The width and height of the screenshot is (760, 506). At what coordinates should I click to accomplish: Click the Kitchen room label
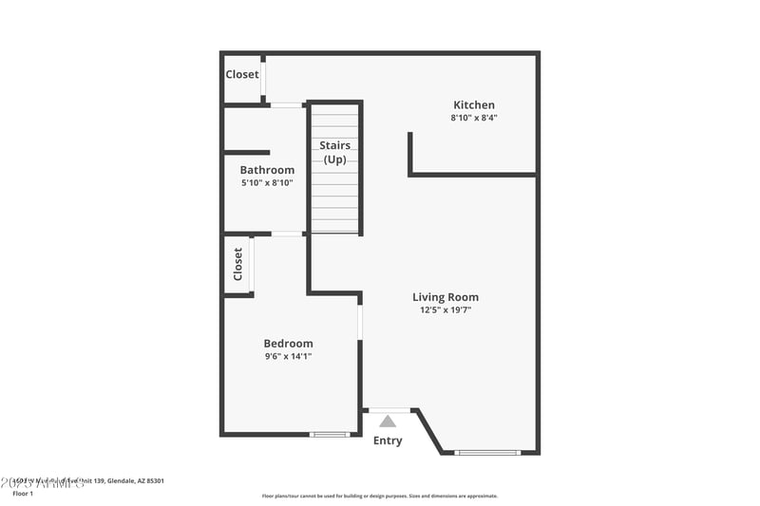point(473,105)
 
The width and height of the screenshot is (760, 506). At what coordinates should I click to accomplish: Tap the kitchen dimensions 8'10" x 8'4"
point(473,119)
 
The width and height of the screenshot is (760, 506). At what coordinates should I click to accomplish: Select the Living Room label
point(445,297)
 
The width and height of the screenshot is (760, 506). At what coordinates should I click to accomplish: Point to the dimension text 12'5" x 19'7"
point(445,310)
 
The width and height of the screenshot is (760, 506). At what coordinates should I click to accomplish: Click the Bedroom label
point(288,344)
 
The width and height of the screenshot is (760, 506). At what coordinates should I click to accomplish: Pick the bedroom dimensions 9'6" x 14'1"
point(288,357)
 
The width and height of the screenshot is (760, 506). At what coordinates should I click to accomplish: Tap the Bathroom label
point(267,170)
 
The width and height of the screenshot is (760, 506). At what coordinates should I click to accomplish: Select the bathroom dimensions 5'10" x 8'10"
point(267,182)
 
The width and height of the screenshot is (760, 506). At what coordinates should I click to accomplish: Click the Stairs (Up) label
point(334,152)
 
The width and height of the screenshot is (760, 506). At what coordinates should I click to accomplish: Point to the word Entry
point(388,440)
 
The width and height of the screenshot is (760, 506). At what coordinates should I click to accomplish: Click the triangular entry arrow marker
point(388,422)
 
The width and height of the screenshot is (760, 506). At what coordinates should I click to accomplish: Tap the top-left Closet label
point(241,74)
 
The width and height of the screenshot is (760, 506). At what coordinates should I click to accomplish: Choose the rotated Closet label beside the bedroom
point(237,264)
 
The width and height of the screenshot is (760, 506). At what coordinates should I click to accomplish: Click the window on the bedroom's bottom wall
point(331,434)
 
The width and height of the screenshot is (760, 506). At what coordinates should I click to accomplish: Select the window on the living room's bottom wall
point(487,452)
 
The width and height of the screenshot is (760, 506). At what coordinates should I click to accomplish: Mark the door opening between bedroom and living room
point(360,321)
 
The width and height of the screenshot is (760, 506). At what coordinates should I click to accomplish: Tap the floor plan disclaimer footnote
point(379,496)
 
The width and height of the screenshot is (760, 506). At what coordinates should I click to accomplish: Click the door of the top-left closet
point(263,76)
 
